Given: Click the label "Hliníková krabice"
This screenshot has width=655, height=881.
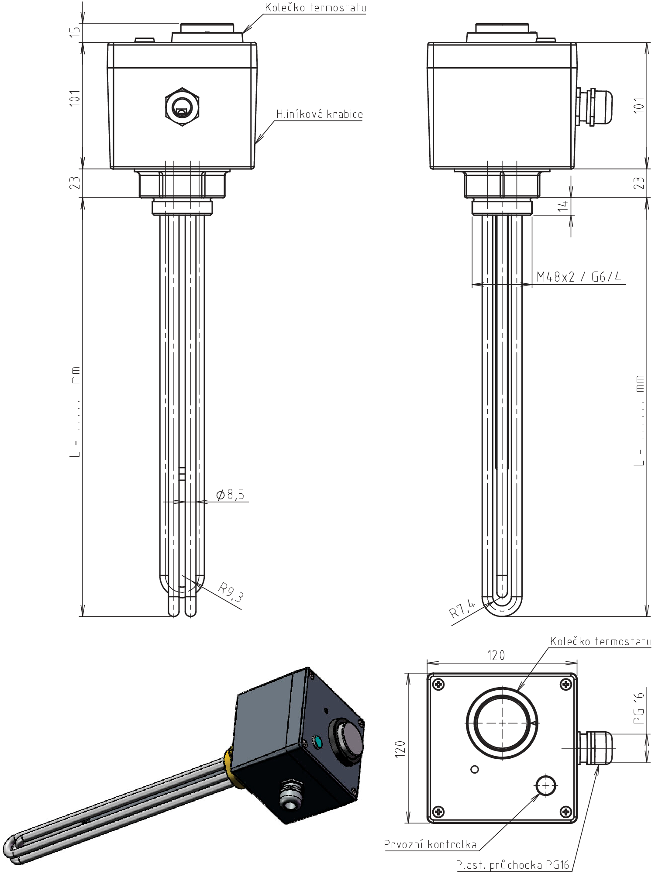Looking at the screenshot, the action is point(319,114).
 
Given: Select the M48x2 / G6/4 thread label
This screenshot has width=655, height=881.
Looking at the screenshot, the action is point(579,276).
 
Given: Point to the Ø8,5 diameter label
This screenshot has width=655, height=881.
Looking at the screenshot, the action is point(230,494).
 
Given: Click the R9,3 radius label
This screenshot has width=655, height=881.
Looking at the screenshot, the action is point(231,592).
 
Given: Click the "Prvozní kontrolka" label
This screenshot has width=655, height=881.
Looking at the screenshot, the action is point(430,844).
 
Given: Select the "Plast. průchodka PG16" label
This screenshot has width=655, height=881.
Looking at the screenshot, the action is point(513,865).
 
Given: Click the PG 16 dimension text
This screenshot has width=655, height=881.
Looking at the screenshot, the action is point(638,708).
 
